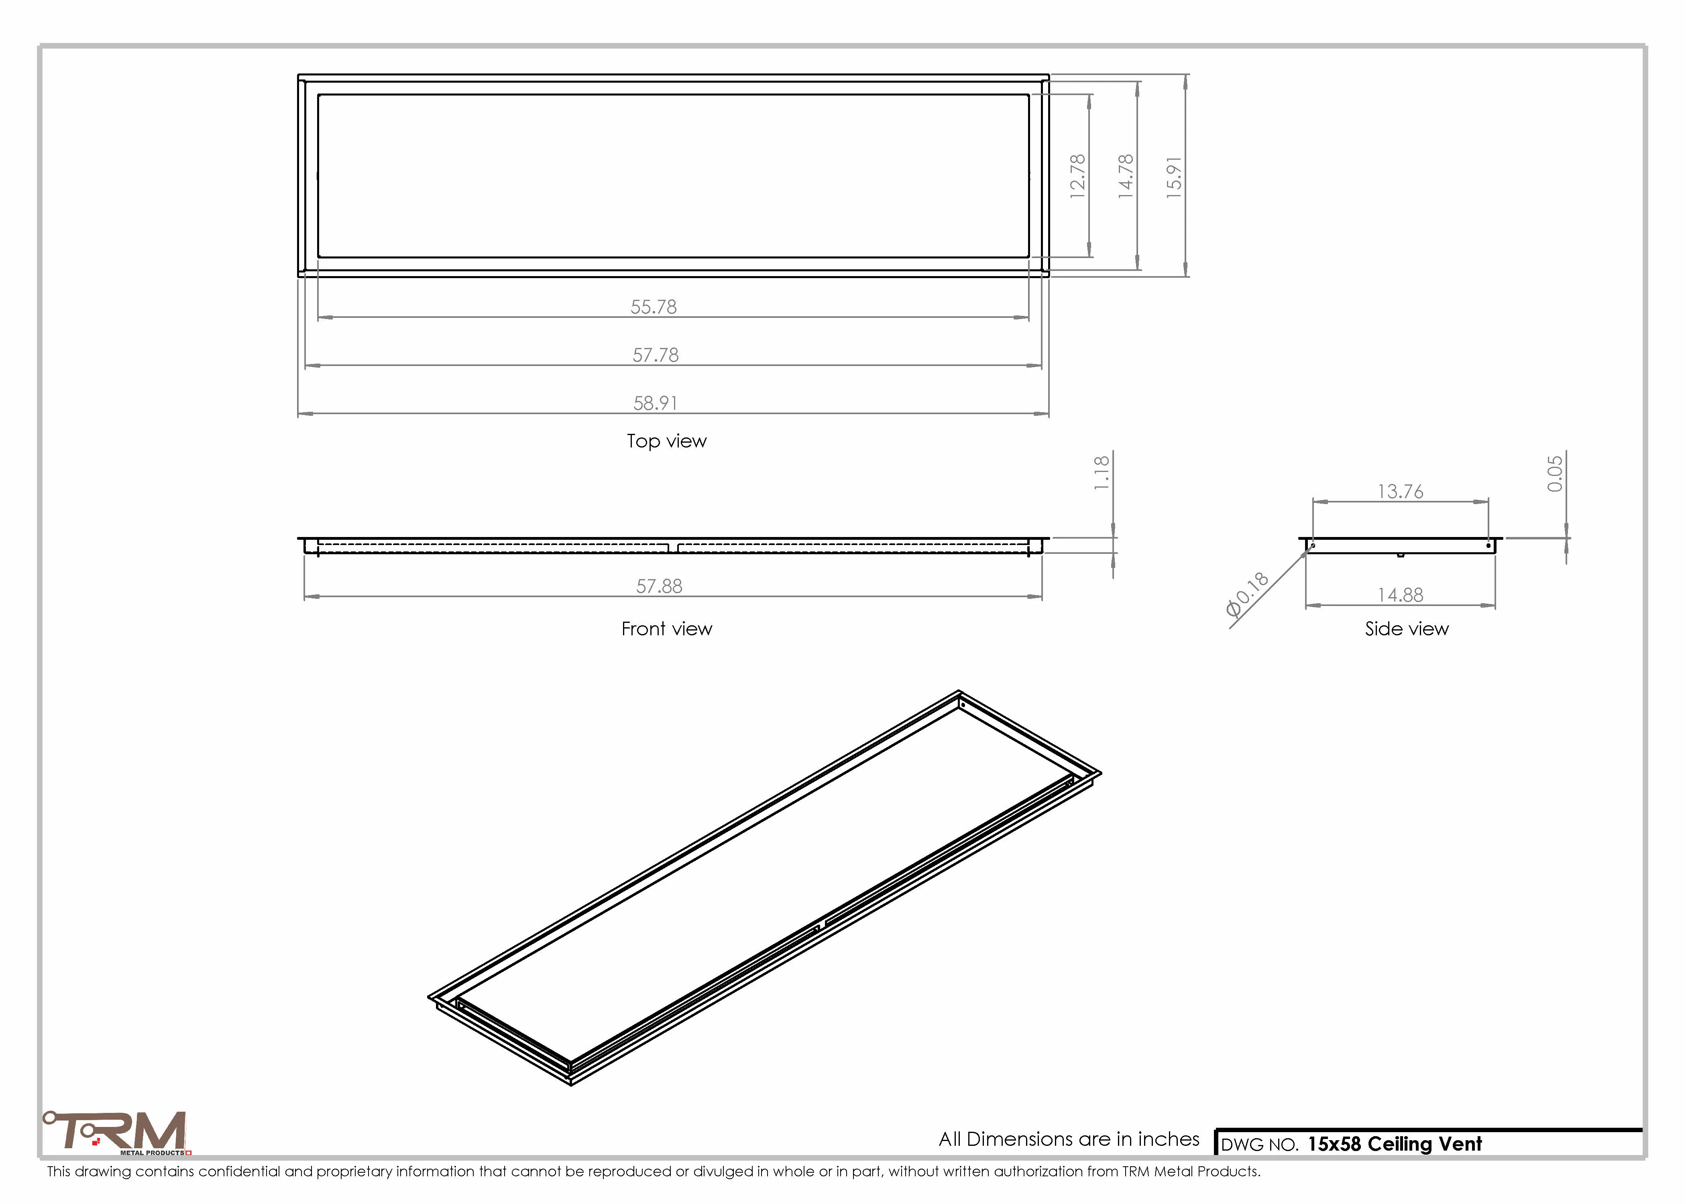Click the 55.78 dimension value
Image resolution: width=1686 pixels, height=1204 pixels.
653,307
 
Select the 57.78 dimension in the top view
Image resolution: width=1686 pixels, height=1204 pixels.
656,355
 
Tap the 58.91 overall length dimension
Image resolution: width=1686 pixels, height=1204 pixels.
656,403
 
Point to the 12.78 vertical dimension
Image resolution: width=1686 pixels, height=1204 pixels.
1078,176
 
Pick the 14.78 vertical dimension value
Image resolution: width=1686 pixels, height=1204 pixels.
1126,176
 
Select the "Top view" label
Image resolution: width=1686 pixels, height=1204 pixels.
666,441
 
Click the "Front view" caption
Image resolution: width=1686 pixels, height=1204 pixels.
666,629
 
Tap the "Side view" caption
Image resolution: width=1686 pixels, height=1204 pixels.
1407,629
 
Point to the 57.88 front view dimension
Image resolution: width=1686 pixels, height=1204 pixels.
659,586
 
